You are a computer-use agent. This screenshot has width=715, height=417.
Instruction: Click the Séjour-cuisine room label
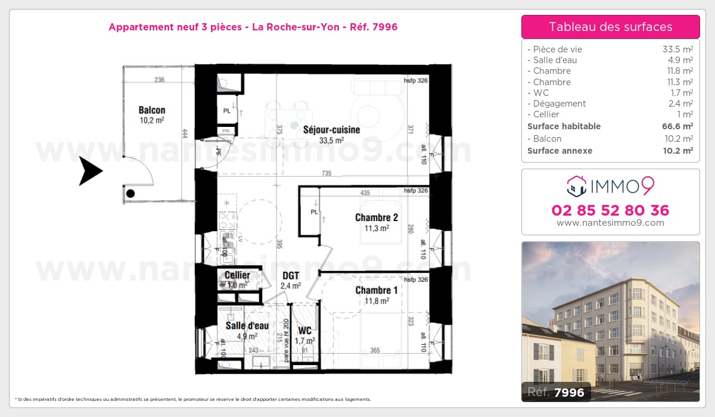332,129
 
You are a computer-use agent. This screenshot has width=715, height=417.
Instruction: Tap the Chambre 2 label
376,217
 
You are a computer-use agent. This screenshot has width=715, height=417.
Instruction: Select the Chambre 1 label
376,290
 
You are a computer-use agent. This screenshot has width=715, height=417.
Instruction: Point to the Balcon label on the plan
152,110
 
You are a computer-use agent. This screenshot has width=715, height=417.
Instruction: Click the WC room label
305,331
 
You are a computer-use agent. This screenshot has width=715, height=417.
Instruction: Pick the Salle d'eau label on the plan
247,326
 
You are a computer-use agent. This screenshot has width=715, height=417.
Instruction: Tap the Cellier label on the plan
237,275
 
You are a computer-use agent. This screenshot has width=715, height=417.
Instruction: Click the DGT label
291,276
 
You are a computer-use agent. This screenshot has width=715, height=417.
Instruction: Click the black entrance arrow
91,171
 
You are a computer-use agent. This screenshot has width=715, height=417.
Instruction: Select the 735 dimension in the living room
326,173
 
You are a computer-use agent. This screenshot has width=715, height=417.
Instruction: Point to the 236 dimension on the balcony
159,80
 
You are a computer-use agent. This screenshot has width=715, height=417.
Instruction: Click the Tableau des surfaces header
610,27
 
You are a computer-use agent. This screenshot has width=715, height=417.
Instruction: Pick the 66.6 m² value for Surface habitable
679,126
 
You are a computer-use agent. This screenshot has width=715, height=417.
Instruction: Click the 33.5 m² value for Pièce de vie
679,49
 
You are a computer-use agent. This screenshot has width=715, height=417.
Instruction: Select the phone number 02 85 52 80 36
610,210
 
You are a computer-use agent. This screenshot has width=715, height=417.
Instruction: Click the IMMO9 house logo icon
576,186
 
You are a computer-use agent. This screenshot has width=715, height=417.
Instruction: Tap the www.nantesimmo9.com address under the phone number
610,223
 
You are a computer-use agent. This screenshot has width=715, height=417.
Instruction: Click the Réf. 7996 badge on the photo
557,392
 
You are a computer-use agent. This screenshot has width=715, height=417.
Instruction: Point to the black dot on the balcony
130,193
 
